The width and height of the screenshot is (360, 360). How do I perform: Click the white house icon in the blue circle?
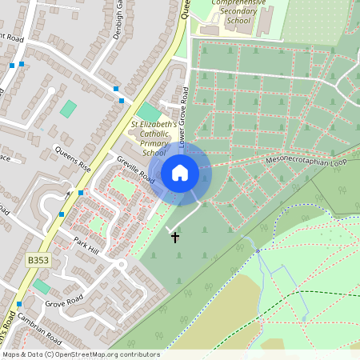click(x=180, y=172)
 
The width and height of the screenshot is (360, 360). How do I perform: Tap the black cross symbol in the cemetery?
click(x=175, y=237)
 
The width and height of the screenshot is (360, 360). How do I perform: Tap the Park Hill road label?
click(x=85, y=246)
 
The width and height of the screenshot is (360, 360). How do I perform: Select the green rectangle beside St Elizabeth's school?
click(x=149, y=113)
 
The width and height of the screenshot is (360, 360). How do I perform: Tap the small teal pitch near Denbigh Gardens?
click(x=69, y=108)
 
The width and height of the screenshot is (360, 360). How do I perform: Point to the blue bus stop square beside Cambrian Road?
click(x=19, y=305)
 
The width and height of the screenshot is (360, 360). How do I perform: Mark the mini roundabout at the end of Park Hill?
click(x=121, y=264)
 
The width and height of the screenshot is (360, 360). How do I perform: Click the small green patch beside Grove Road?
click(x=41, y=285)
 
